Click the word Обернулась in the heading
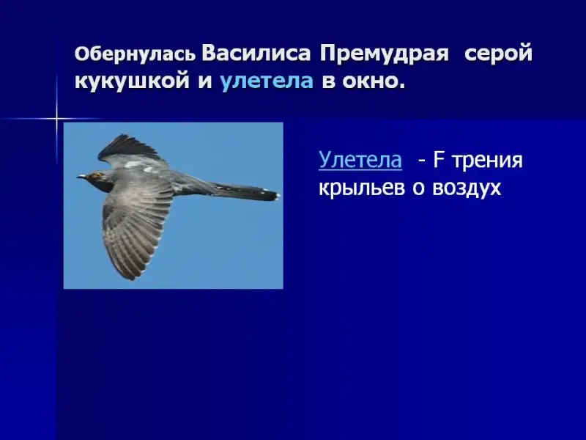tap(135, 54)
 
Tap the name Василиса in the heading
tap(256, 53)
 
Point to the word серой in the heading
tap(498, 54)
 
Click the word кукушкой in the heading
tap(133, 81)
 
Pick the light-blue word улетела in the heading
tap(267, 81)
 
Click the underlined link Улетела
tap(360, 160)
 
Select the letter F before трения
tap(438, 160)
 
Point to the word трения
tap(487, 161)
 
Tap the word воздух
tap(466, 188)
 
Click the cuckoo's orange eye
tap(98, 175)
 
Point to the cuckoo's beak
tap(83, 176)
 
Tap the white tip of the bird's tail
tap(278, 194)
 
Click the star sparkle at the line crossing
tap(56, 119)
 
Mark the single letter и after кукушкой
tap(205, 81)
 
